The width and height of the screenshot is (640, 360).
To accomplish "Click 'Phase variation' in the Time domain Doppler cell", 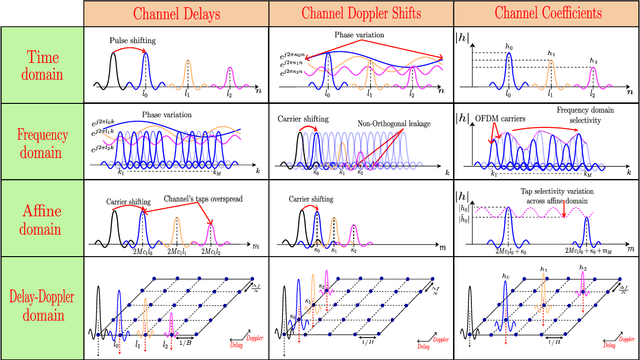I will point(357,35).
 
